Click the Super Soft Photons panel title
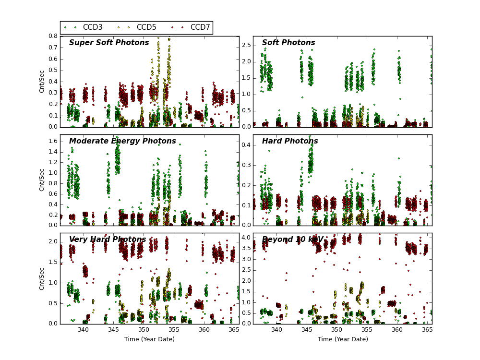109,43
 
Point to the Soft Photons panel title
288,43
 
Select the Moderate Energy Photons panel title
122,141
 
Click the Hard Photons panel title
290,141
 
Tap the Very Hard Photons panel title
108,240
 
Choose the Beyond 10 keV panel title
293,240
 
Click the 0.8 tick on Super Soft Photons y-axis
53,36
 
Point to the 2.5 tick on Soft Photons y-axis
246,45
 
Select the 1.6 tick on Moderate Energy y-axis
53,142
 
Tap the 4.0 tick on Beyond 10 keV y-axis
246,238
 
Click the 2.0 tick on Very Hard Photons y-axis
53,242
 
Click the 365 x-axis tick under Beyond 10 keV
426,330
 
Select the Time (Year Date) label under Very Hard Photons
149,339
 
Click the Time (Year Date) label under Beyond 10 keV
343,339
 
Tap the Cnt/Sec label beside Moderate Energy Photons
42,180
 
